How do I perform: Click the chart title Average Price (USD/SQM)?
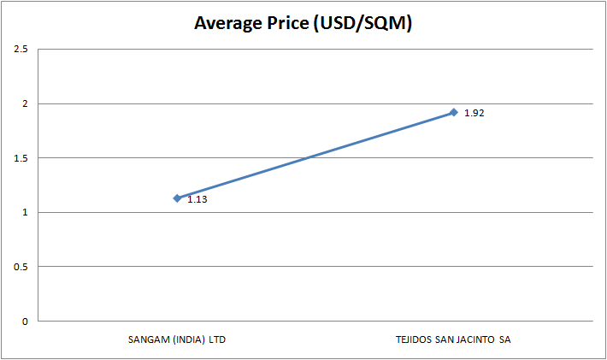pyautogui.click(x=303, y=24)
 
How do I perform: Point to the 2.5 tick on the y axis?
pyautogui.click(x=21, y=50)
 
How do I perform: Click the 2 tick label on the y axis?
pyautogui.click(x=25, y=104)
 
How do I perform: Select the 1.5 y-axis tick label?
pyautogui.click(x=21, y=158)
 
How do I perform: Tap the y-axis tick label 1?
pyautogui.click(x=25, y=213)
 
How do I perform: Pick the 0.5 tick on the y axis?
pyautogui.click(x=21, y=267)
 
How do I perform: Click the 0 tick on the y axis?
pyautogui.click(x=25, y=322)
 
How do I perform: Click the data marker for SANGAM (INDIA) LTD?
pyautogui.click(x=177, y=198)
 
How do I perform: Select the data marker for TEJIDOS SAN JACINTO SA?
pyautogui.click(x=454, y=112)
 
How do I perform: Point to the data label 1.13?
pyautogui.click(x=197, y=200)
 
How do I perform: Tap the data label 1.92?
pyautogui.click(x=474, y=113)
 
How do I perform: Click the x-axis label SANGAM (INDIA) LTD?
pyautogui.click(x=176, y=339)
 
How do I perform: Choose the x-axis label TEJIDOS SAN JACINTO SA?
pyautogui.click(x=454, y=339)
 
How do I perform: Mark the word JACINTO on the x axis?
pyautogui.click(x=480, y=339)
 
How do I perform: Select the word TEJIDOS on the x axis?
pyautogui.click(x=414, y=339)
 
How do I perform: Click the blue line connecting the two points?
pyautogui.click(x=315, y=155)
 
